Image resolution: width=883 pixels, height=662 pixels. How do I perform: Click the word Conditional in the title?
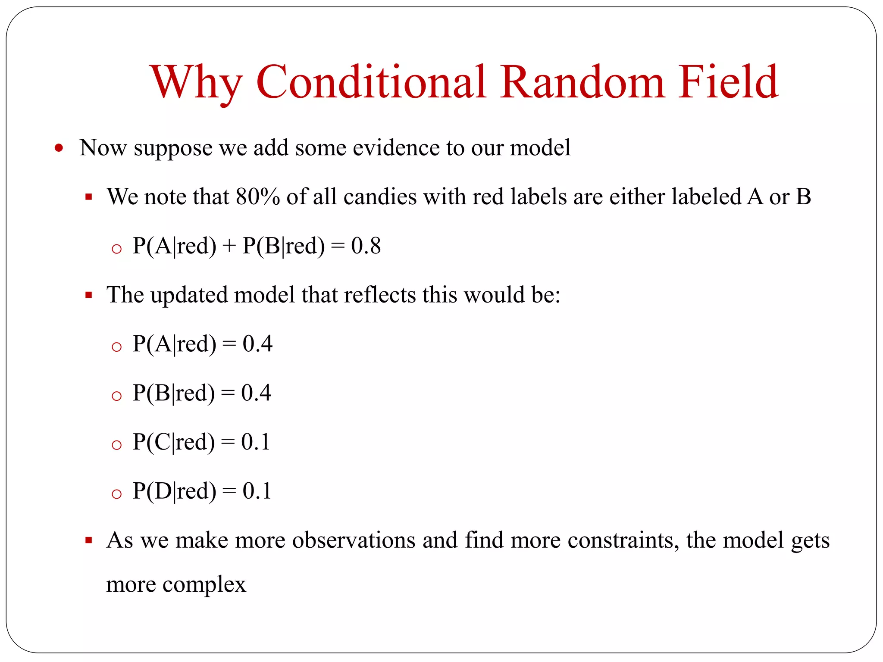click(x=371, y=81)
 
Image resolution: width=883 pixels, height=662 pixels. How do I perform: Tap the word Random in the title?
click(x=582, y=81)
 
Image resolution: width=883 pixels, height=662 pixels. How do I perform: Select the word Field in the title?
click(x=728, y=81)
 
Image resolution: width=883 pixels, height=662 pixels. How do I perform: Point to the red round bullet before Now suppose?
click(x=59, y=149)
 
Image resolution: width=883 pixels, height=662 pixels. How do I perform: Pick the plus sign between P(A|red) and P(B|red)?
click(x=229, y=247)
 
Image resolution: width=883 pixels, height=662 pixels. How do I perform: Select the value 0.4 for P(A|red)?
click(x=257, y=344)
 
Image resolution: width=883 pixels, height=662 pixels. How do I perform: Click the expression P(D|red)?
click(x=174, y=491)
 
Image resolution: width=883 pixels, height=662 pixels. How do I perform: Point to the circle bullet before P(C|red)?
click(x=116, y=445)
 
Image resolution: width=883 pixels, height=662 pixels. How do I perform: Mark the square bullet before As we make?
click(x=89, y=540)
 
